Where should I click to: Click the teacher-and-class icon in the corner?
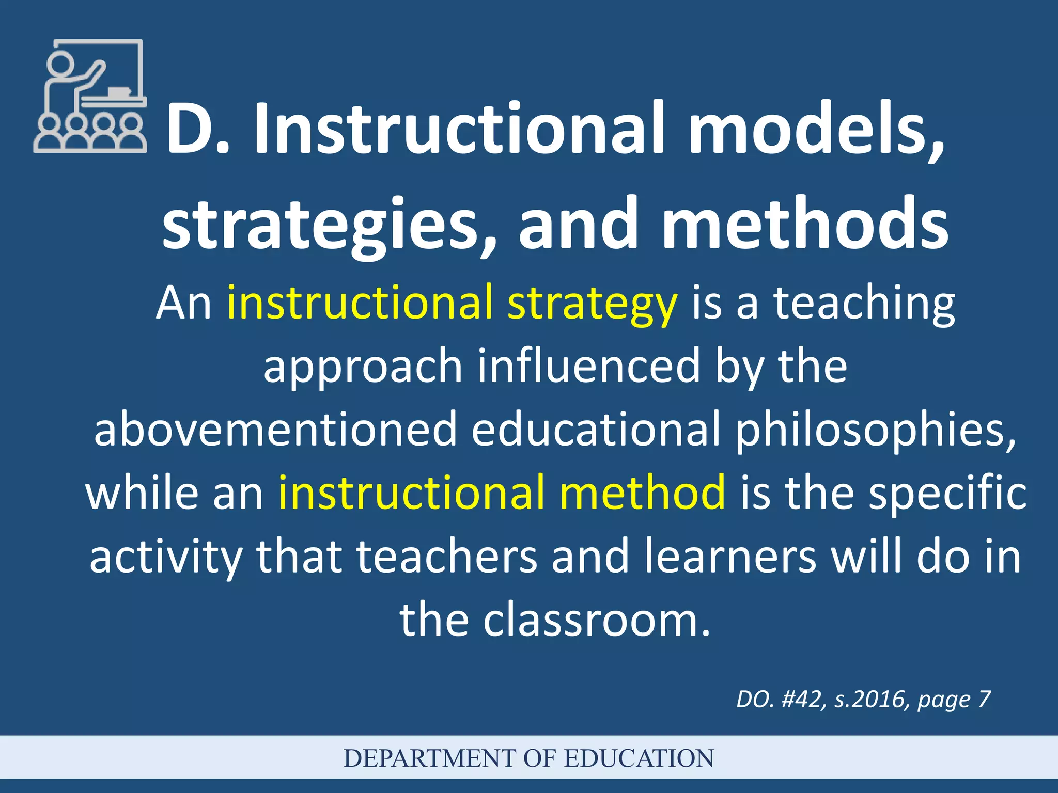[90, 96]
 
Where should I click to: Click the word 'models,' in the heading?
[816, 129]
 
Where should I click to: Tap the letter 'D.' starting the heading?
[197, 129]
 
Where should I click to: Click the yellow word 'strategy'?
[592, 305]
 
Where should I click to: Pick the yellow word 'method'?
[643, 493]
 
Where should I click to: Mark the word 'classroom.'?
[597, 620]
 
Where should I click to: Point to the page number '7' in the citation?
[984, 700]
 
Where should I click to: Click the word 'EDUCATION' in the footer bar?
[639, 758]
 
